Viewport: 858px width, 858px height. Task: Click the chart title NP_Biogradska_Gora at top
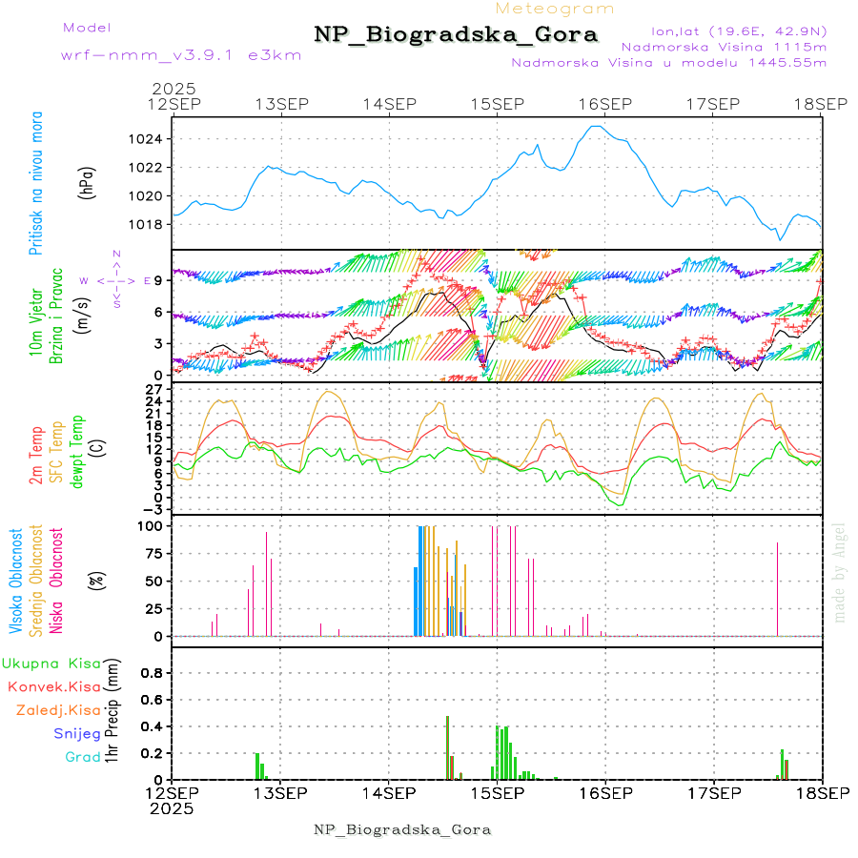[456, 35]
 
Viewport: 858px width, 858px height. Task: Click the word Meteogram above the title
[555, 9]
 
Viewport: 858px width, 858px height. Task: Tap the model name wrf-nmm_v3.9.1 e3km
[155, 54]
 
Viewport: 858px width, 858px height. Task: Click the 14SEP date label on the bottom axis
[388, 793]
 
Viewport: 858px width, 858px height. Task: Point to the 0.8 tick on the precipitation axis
[151, 672]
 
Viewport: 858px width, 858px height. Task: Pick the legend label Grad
[83, 757]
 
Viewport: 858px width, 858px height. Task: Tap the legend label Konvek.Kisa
[53, 686]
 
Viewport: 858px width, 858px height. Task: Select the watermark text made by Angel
[839, 572]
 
